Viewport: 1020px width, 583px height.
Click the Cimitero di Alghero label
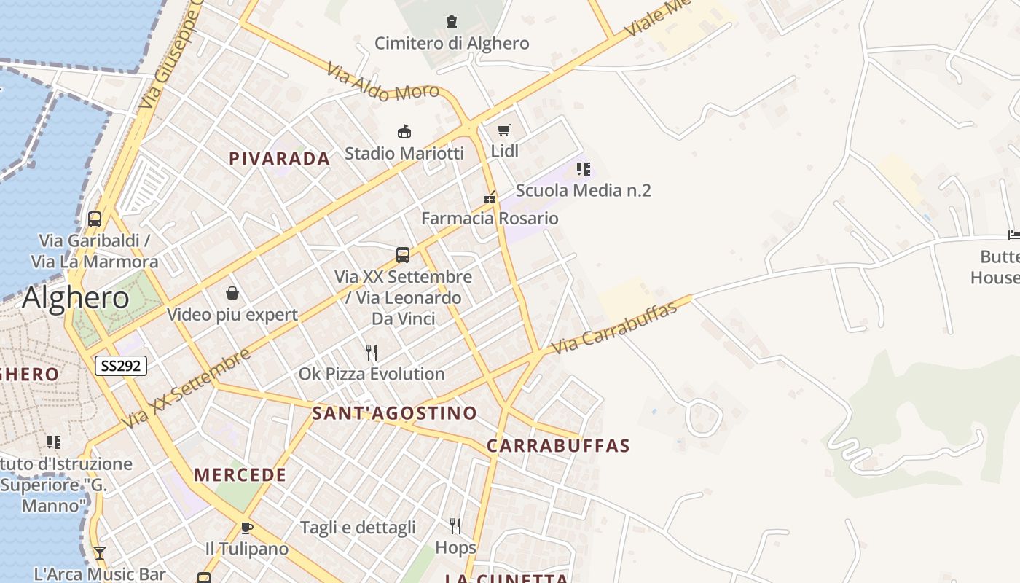click(x=452, y=43)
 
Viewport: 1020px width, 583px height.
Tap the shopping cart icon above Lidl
click(x=503, y=130)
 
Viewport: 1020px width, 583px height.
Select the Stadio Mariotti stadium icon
click(x=404, y=131)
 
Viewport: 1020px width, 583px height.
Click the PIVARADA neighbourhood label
click(x=279, y=159)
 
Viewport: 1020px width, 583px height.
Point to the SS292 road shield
click(x=121, y=366)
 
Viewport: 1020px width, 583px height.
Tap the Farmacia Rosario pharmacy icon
click(x=490, y=197)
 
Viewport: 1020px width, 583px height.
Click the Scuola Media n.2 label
click(x=583, y=190)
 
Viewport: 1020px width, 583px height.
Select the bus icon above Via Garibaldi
click(x=95, y=219)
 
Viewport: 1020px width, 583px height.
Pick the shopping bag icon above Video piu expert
click(x=232, y=293)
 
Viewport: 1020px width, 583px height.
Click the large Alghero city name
click(x=76, y=297)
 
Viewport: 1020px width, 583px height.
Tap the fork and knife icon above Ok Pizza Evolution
click(x=372, y=353)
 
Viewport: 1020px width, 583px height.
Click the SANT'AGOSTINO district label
click(x=394, y=413)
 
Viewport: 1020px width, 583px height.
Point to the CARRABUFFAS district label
click(x=558, y=446)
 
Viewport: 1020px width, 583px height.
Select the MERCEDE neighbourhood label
click(x=240, y=475)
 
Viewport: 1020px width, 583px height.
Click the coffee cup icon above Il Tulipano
click(x=247, y=527)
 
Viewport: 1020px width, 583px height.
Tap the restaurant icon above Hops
click(x=455, y=525)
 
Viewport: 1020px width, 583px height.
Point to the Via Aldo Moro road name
click(x=382, y=82)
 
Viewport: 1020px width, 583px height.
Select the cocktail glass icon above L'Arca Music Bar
click(x=100, y=553)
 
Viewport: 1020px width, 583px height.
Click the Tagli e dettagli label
click(x=358, y=527)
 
